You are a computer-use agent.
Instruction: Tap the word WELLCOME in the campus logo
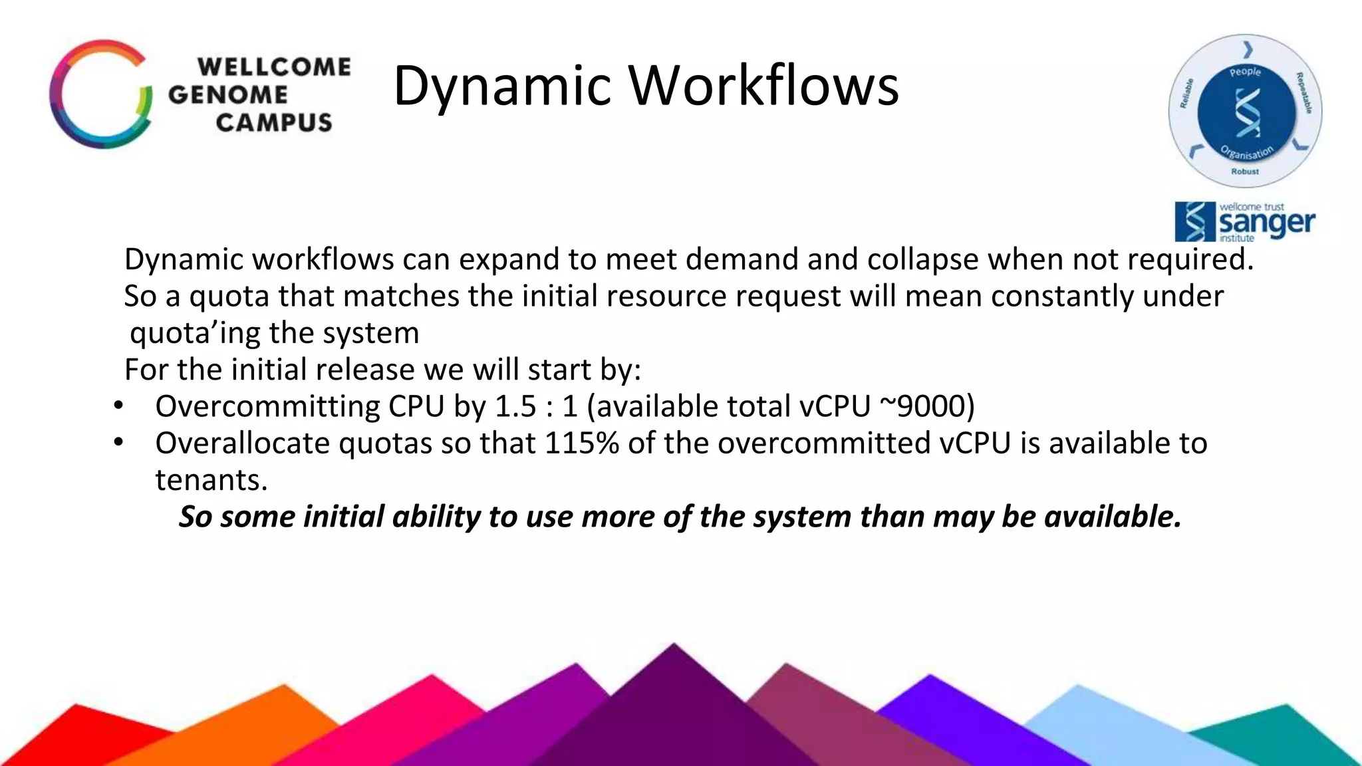coord(274,67)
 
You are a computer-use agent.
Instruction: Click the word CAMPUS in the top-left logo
coord(273,123)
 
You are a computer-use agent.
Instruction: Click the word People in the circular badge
coord(1245,72)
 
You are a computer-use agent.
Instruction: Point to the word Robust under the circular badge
coord(1245,172)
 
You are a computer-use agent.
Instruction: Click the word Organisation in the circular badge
coord(1247,152)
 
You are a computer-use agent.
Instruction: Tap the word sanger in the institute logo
coord(1267,223)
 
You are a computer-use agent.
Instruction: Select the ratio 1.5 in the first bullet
coord(515,406)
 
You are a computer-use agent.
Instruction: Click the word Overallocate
coord(242,444)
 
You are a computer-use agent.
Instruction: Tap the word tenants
coord(211,480)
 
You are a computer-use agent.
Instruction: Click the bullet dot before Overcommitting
coord(118,405)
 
